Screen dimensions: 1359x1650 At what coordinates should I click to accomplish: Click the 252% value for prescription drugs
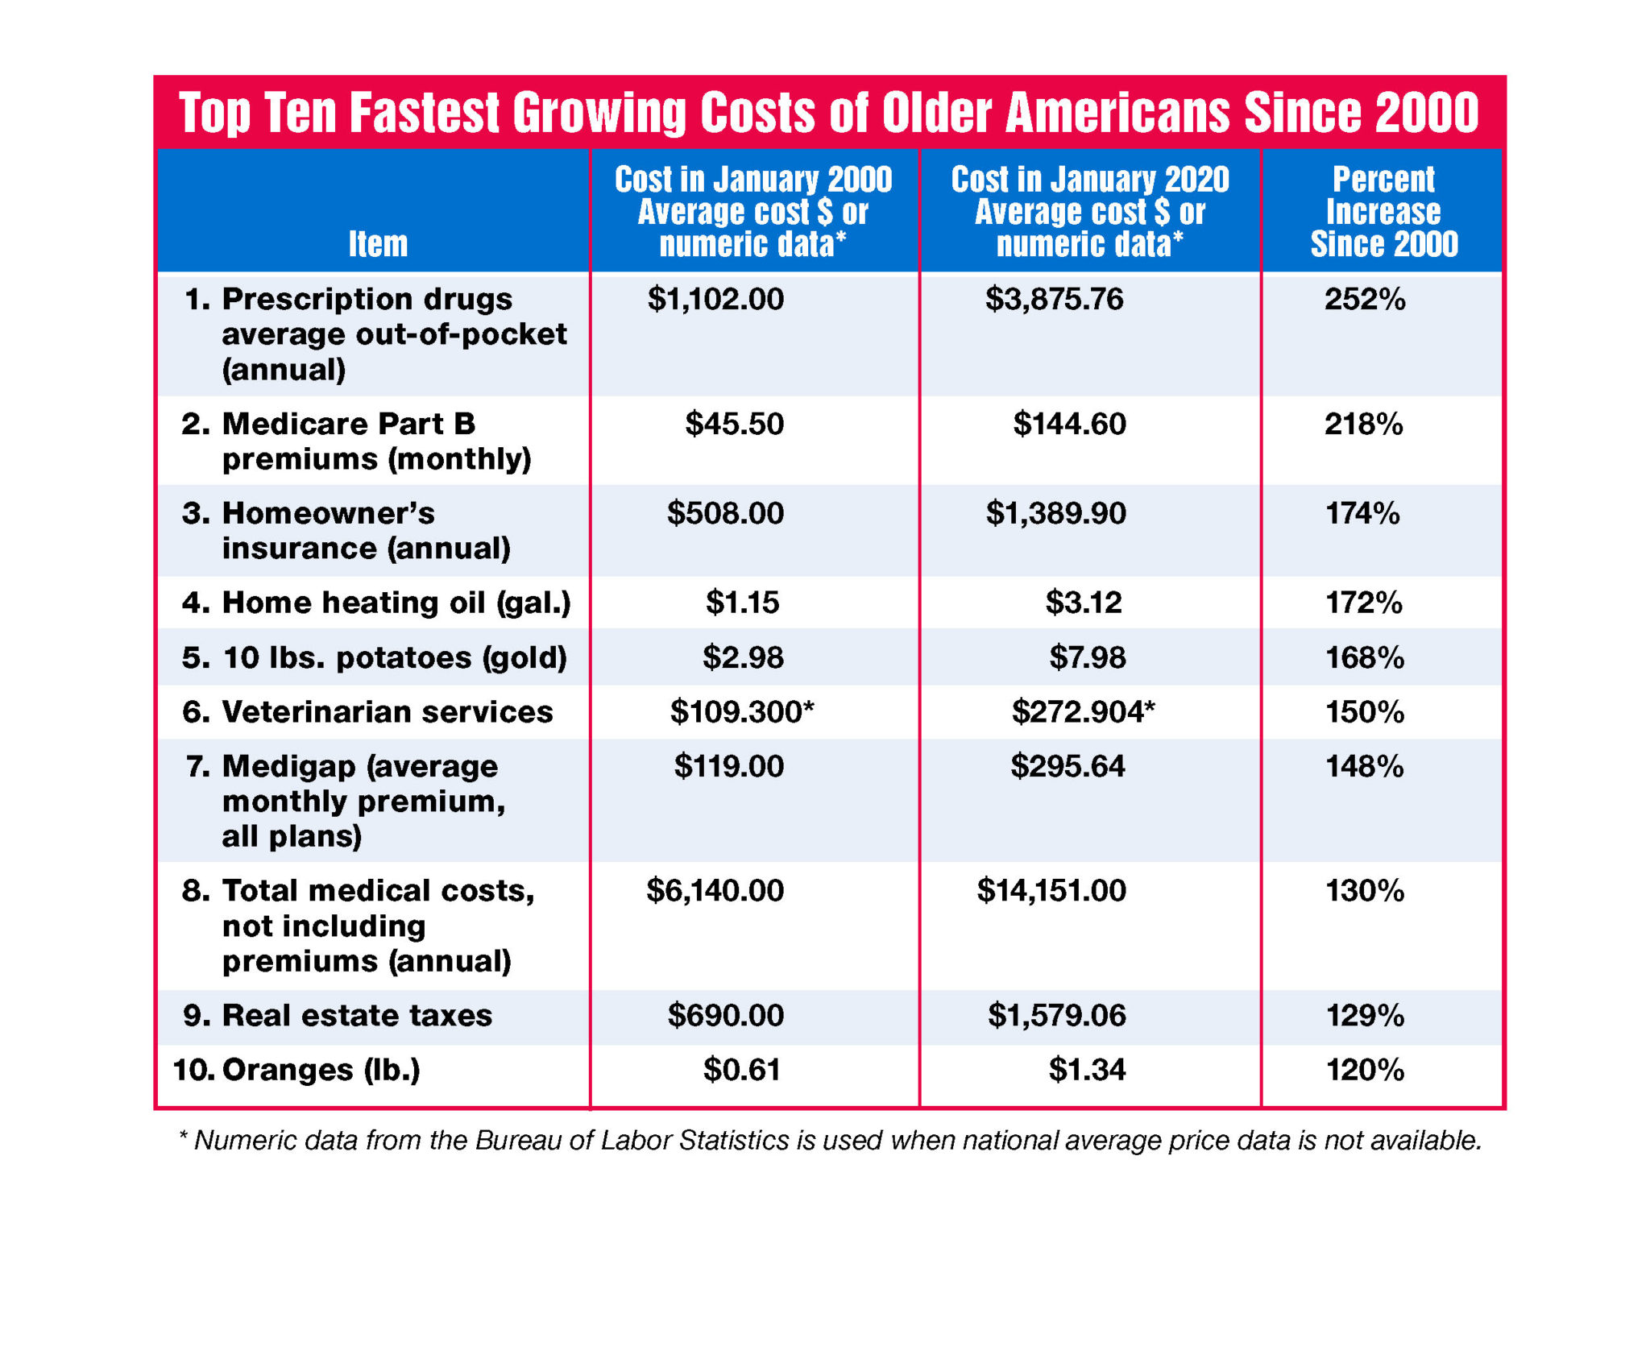point(1364,300)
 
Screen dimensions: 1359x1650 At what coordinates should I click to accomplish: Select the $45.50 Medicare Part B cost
point(733,424)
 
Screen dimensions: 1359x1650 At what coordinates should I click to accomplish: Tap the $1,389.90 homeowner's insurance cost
point(1055,513)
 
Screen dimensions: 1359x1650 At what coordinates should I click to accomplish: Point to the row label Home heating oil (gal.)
point(375,603)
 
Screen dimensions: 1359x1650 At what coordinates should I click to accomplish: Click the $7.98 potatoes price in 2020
point(1087,657)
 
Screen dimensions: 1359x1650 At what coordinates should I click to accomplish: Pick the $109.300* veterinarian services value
point(741,712)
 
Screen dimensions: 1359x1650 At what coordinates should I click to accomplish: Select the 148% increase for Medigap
point(1364,766)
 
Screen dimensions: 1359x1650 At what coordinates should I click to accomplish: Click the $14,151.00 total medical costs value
point(1051,891)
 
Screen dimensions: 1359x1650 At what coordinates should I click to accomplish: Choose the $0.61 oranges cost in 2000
point(741,1070)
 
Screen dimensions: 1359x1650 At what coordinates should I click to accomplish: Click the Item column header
point(377,244)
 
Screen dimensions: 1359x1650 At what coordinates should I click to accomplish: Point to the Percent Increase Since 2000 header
point(1383,212)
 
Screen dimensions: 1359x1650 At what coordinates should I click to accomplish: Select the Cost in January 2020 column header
point(1089,212)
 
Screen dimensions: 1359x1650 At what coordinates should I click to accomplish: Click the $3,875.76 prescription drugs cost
point(1054,300)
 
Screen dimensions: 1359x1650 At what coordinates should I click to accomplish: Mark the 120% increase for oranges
point(1364,1070)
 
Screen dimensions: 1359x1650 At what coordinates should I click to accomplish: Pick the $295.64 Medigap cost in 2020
point(1067,766)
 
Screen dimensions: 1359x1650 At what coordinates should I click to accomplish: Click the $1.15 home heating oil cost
point(742,603)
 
